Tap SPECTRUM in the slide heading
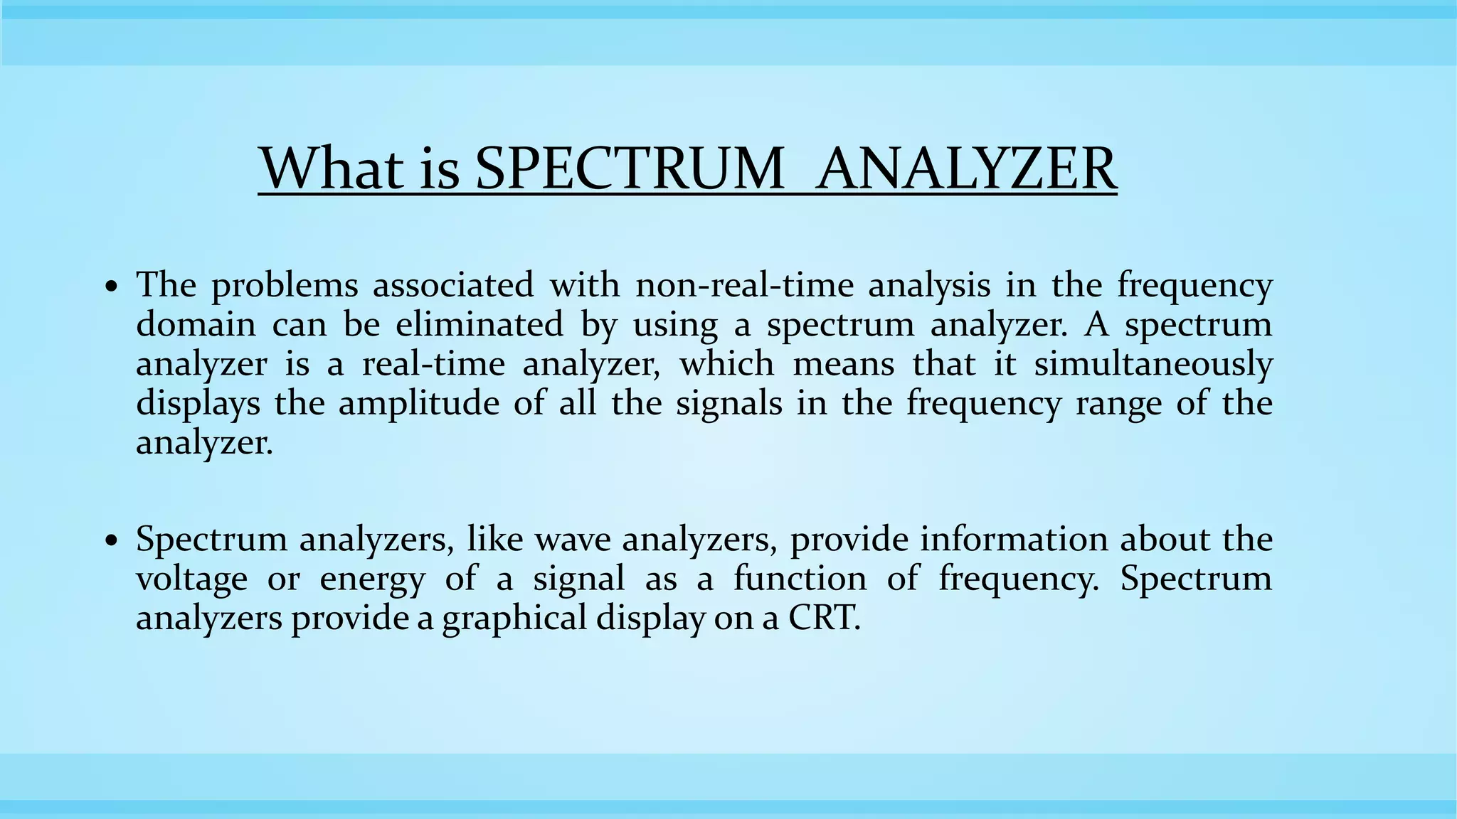[x=629, y=168]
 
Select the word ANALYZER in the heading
[x=966, y=168]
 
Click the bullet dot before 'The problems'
[x=111, y=287]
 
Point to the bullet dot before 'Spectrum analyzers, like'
[x=111, y=542]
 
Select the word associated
[x=452, y=286]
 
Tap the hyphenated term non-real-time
[x=743, y=286]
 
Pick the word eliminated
[x=479, y=325]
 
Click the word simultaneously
[x=1153, y=365]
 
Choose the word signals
[x=728, y=404]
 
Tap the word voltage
[x=191, y=579]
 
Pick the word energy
[x=371, y=579]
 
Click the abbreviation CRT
[x=824, y=618]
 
